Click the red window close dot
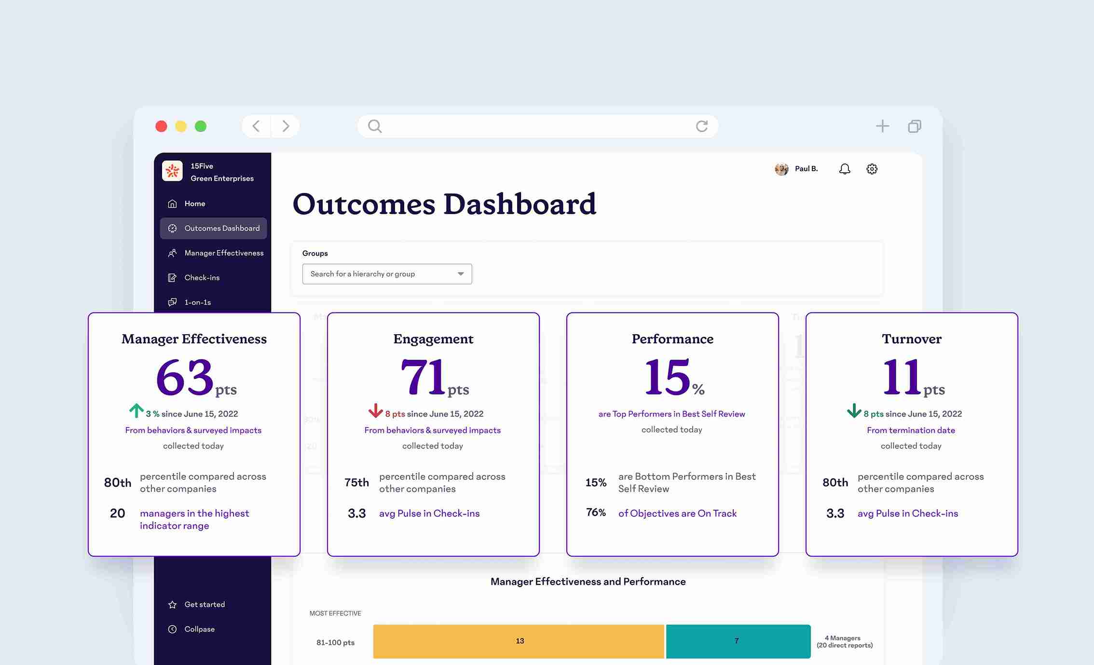click(161, 126)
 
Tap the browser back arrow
click(256, 126)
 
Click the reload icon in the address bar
click(702, 126)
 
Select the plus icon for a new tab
click(882, 126)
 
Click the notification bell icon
click(845, 169)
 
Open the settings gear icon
click(872, 169)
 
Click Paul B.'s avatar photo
click(781, 169)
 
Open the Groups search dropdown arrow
click(461, 274)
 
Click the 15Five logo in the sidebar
click(172, 171)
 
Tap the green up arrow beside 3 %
click(136, 410)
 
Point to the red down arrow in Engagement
click(375, 410)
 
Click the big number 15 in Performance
click(667, 377)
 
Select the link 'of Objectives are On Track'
click(677, 513)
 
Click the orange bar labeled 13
click(519, 641)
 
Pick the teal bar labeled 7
click(738, 641)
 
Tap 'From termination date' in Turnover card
click(911, 430)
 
